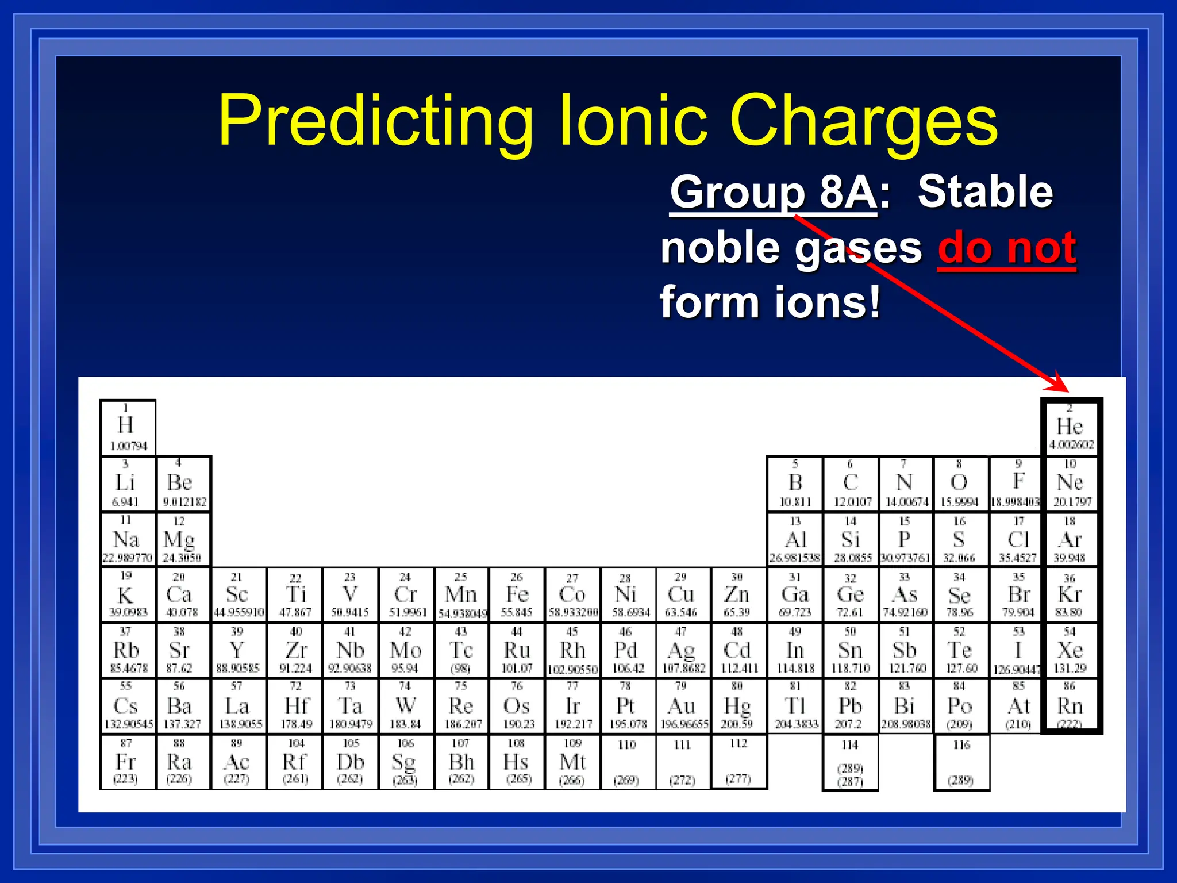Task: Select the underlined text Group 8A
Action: point(773,193)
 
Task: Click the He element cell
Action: point(1070,427)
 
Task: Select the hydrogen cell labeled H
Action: point(127,427)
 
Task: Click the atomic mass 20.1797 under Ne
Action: point(1072,502)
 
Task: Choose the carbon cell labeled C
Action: point(851,483)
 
